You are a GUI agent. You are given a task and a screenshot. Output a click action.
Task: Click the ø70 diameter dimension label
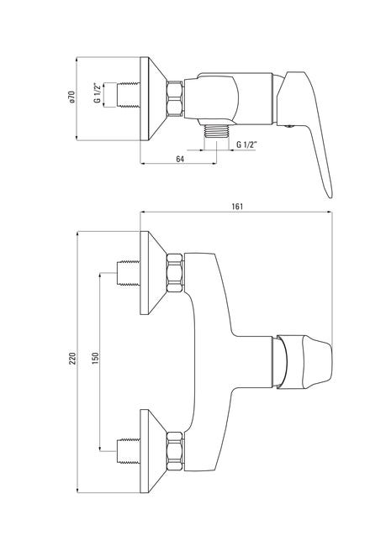point(71,97)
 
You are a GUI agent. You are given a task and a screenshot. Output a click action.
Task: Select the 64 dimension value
point(180,159)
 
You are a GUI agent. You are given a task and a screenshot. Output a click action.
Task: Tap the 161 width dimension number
point(237,206)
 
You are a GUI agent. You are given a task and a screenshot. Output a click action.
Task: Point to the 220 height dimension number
point(72,359)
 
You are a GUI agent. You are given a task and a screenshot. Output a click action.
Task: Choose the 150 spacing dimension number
point(95,359)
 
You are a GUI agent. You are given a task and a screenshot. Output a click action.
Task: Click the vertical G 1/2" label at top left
point(98,93)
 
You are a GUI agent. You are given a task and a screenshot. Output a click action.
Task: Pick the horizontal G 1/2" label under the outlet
point(246,144)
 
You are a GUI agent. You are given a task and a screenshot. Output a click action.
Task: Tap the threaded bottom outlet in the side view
point(216,131)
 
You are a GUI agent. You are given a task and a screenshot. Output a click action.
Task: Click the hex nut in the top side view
point(175,98)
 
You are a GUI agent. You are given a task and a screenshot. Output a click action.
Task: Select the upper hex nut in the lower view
point(175,273)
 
